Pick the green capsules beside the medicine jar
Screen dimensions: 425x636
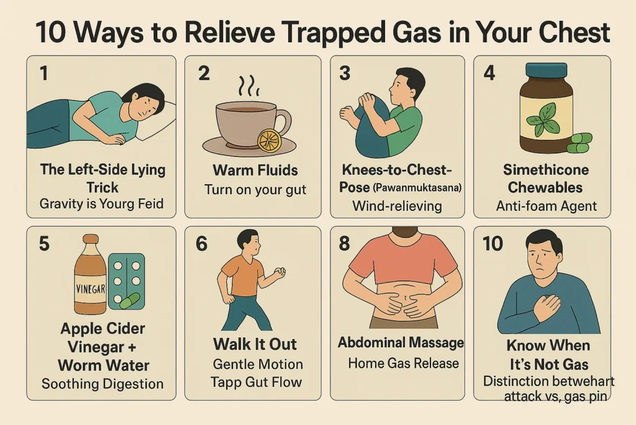point(579,142)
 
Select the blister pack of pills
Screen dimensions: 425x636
point(126,281)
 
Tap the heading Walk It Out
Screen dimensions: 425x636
point(255,345)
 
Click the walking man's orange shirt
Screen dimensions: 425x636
point(243,273)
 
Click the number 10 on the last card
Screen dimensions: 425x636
point(493,243)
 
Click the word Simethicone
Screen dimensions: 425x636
point(542,170)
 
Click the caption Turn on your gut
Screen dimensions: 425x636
point(255,189)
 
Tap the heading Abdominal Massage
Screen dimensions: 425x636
point(401,342)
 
